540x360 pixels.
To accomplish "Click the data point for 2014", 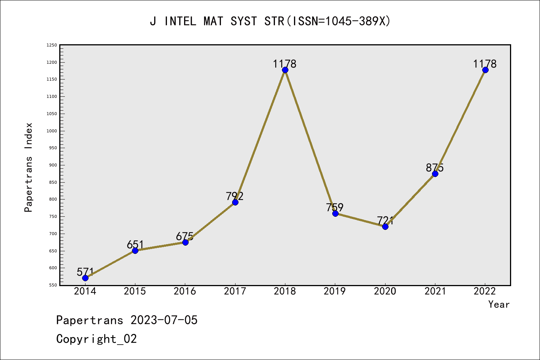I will point(85,278).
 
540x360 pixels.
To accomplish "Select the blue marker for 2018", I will point(285,70).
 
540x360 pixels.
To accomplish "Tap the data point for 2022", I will point(485,70).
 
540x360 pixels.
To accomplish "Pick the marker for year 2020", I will point(385,226).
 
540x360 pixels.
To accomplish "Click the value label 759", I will point(335,207).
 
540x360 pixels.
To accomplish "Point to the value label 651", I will point(135,244).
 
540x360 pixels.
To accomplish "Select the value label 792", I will point(235,196).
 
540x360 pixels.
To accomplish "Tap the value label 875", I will point(435,168).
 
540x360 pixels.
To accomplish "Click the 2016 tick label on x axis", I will point(185,291).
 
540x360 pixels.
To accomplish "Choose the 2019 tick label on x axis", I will point(335,291).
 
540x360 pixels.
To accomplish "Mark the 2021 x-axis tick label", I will point(435,291).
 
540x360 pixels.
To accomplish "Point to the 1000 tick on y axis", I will point(52,131).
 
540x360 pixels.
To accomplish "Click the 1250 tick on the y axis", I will point(52,45).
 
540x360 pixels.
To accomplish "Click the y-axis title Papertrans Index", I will point(28,167).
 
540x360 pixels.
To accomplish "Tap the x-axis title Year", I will point(499,304).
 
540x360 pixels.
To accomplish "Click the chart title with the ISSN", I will point(270,21).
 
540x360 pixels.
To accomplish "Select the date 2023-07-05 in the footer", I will point(164,320).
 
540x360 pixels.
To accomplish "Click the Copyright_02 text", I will point(97,339).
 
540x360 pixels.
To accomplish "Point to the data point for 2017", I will point(235,202).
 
